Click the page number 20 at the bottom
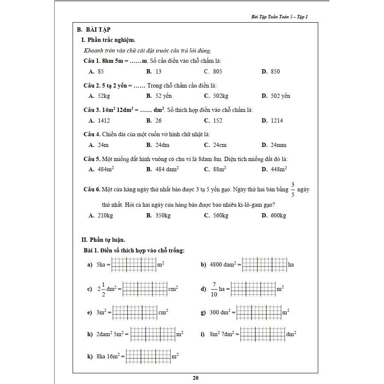pos(196,378)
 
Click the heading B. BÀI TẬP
pos(94,29)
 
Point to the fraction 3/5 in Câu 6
pos(293,189)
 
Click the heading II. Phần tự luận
pos(103,240)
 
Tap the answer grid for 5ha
pos(134,265)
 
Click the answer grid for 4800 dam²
pos(264,265)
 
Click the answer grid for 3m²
pos(135,313)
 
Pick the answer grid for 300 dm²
pos(258,313)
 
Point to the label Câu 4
pos(92,134)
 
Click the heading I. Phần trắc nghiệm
pos(108,40)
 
